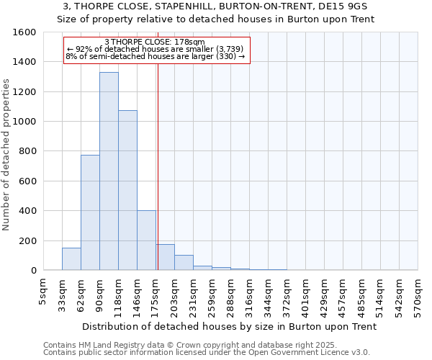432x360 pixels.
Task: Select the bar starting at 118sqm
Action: point(127,190)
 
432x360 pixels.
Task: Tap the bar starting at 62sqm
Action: point(90,212)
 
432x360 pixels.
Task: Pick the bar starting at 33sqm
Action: point(71,259)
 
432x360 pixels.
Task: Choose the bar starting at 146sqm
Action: point(146,240)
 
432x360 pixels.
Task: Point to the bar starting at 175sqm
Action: point(166,257)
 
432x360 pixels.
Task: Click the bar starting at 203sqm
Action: point(184,263)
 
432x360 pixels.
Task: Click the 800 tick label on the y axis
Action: point(29,151)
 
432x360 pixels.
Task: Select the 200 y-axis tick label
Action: point(29,240)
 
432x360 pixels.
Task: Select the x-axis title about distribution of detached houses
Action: point(230,326)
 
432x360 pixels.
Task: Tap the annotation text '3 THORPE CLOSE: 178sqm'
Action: point(155,42)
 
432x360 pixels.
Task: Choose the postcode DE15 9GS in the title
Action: point(346,6)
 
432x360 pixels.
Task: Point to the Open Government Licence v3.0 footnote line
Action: point(207,352)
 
